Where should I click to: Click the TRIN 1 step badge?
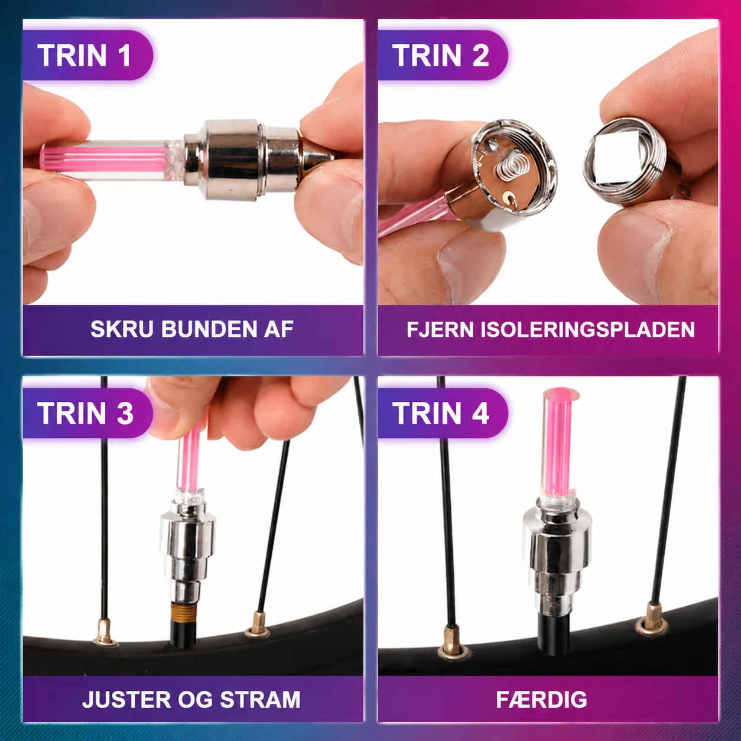click(x=87, y=56)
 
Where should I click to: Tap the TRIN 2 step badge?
click(x=443, y=56)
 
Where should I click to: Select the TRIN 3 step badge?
click(x=87, y=414)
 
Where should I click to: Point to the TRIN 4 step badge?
click(x=443, y=414)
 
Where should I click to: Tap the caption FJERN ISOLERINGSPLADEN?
click(x=551, y=330)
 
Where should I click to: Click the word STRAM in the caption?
click(x=261, y=700)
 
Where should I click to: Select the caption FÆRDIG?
click(x=541, y=700)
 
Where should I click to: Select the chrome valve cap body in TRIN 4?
click(x=556, y=554)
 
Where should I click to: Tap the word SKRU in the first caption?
click(x=122, y=329)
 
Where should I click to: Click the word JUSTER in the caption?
click(x=125, y=700)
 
